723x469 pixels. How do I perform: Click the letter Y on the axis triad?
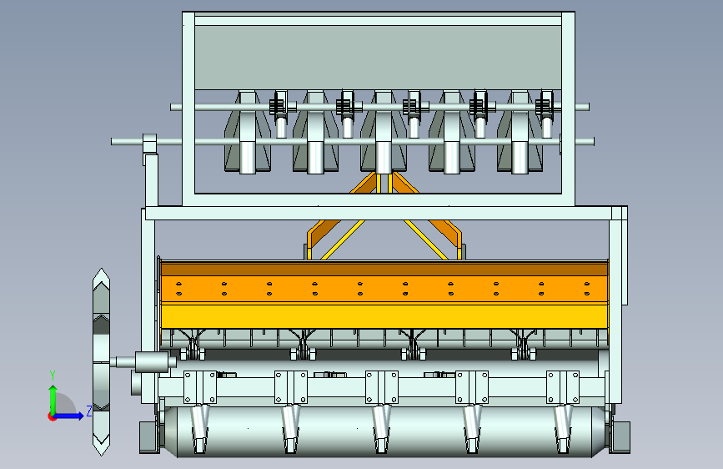coord(52,375)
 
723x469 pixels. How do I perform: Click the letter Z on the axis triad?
coord(88,411)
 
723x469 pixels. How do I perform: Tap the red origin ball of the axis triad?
coord(53,416)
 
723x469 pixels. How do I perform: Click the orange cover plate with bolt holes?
coord(384,288)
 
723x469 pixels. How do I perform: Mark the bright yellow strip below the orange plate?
coord(384,316)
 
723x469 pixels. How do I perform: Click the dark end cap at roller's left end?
coord(148,436)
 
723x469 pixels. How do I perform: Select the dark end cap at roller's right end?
coord(620,436)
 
